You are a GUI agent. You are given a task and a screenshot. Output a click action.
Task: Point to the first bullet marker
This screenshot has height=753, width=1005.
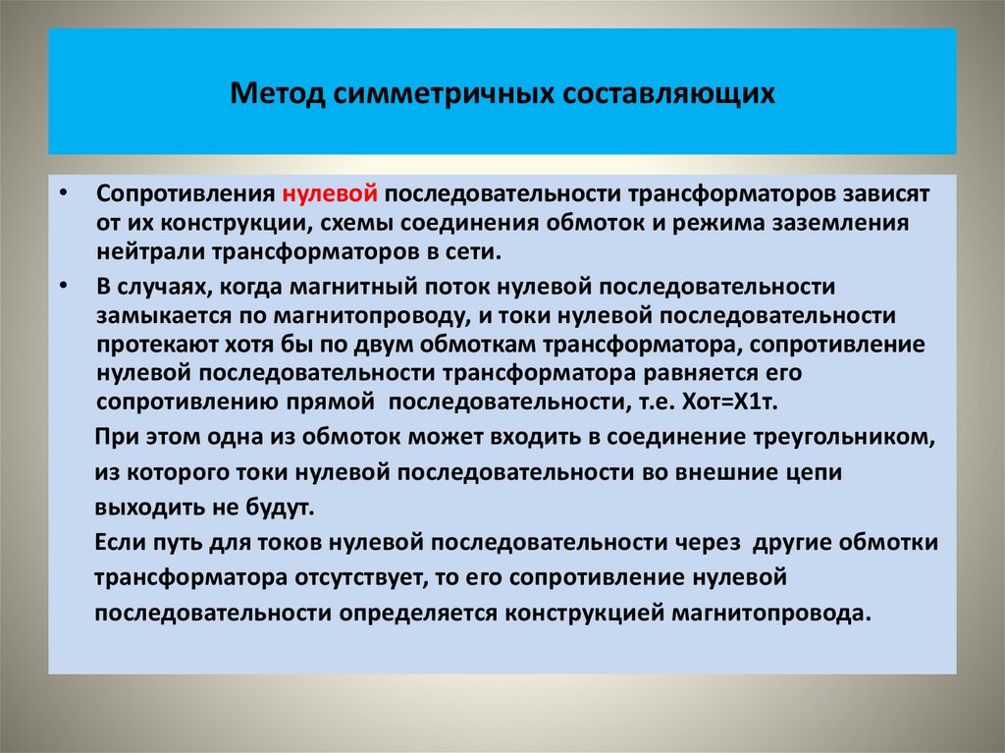[63, 191]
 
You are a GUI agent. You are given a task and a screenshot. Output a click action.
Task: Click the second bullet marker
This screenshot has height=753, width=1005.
[63, 285]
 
